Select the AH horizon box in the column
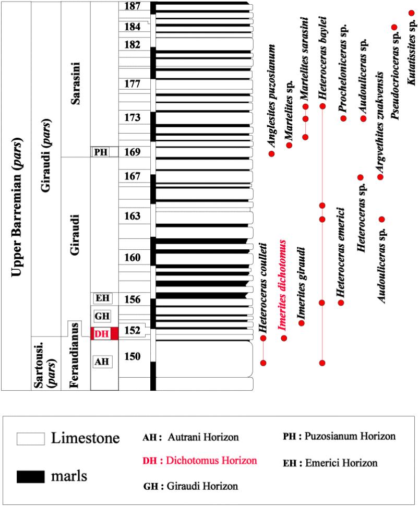click(x=103, y=361)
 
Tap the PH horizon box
click(x=101, y=152)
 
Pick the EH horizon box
click(x=102, y=298)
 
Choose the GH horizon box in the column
click(x=102, y=316)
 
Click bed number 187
click(x=133, y=6)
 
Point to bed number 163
click(x=133, y=215)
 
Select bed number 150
click(x=133, y=356)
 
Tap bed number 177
click(x=133, y=83)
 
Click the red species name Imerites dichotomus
click(x=283, y=286)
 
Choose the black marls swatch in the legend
click(x=31, y=476)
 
